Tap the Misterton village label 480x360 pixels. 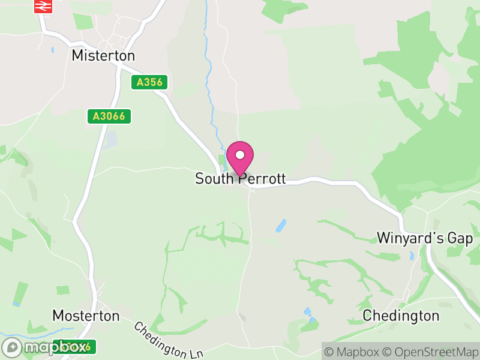pyautogui.click(x=103, y=56)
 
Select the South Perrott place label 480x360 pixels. pyautogui.click(x=240, y=179)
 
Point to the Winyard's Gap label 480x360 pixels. pyautogui.click(x=425, y=238)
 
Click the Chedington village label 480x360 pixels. pyautogui.click(x=401, y=316)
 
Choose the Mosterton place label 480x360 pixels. pyautogui.click(x=86, y=316)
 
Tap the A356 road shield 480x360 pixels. pyautogui.click(x=149, y=82)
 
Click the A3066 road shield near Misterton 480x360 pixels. pyautogui.click(x=109, y=116)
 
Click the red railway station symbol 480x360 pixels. pyautogui.click(x=43, y=7)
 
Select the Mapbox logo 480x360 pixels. pyautogui.click(x=45, y=347)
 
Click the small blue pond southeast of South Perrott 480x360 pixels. pyautogui.click(x=280, y=226)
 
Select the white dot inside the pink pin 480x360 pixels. pyautogui.click(x=240, y=154)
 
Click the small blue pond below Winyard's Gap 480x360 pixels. pyautogui.click(x=412, y=256)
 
